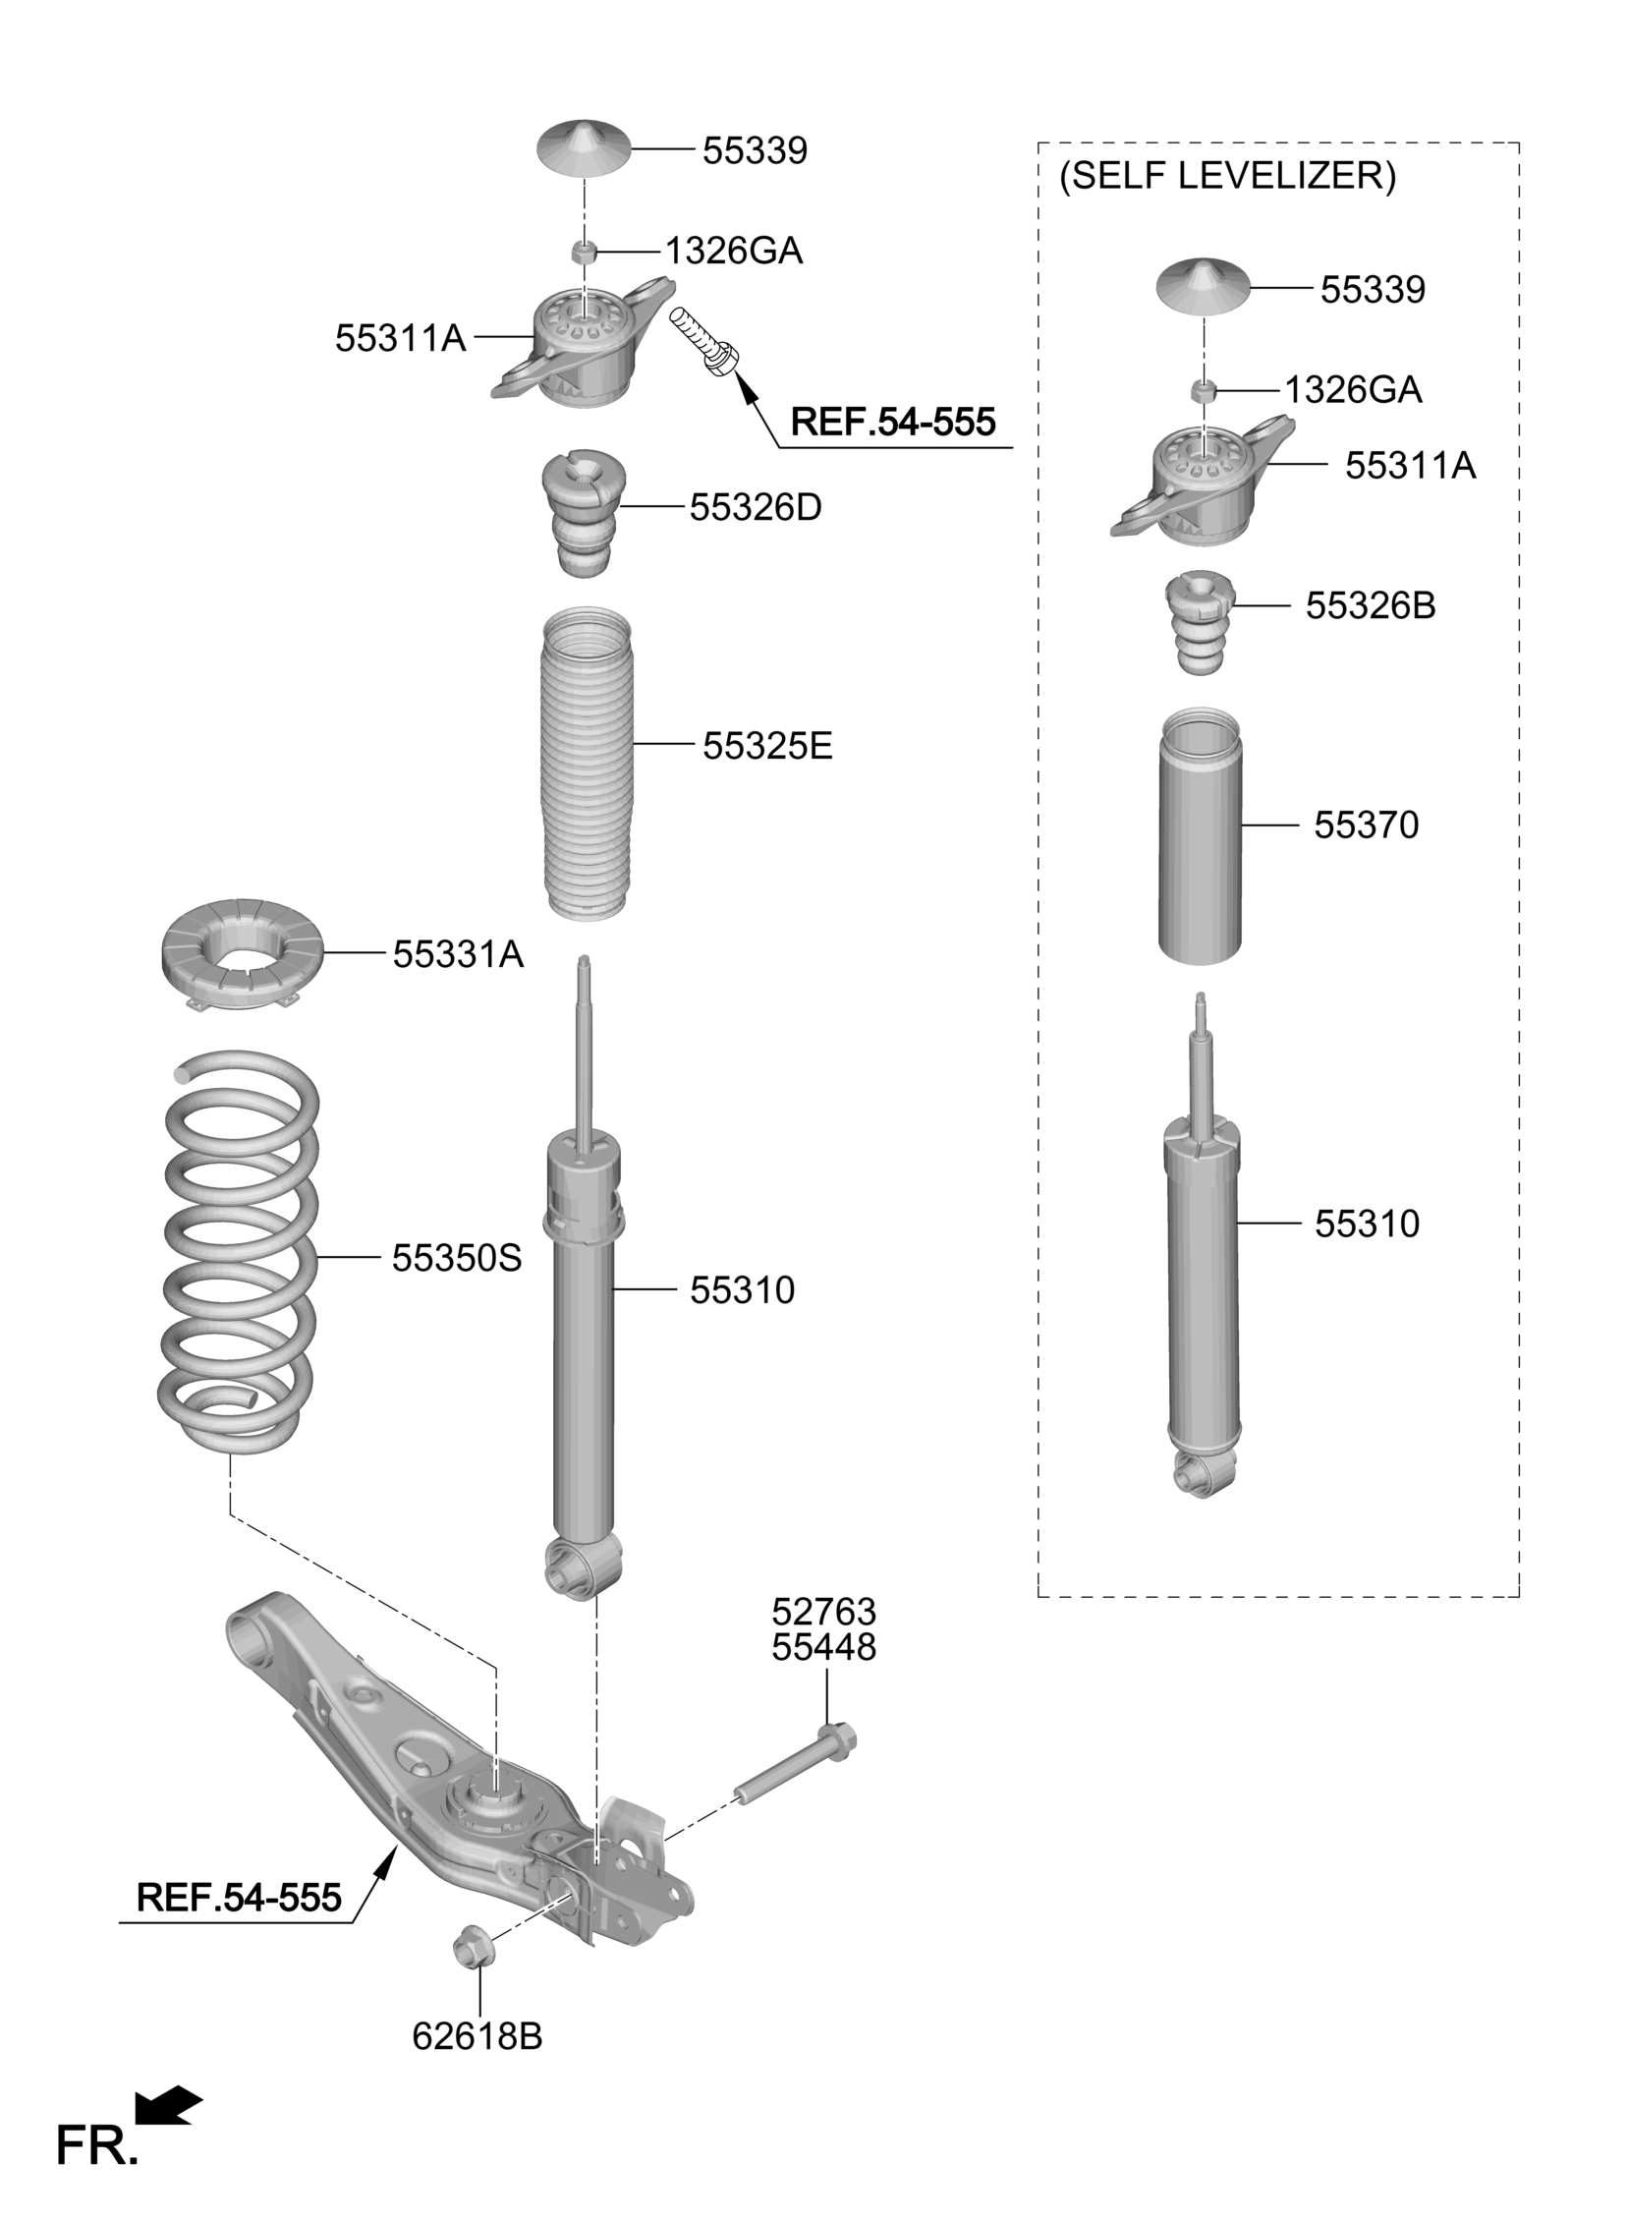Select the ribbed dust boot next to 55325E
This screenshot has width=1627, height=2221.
click(588, 765)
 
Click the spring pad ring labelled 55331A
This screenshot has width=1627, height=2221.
click(242, 953)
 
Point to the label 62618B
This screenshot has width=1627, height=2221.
click(477, 2036)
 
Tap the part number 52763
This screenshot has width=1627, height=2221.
click(823, 1613)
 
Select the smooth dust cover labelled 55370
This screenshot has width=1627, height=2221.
click(1201, 836)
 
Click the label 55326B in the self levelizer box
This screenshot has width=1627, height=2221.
click(1371, 605)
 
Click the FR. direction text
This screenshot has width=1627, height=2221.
click(95, 2147)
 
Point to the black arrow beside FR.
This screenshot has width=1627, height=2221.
click(168, 2104)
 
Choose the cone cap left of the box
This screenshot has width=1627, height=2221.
click(583, 147)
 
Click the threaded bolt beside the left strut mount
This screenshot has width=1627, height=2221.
click(705, 341)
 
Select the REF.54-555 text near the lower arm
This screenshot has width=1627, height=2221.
click(240, 1896)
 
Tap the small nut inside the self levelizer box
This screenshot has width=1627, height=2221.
click(1202, 390)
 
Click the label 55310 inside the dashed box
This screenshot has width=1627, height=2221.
click(1367, 1224)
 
